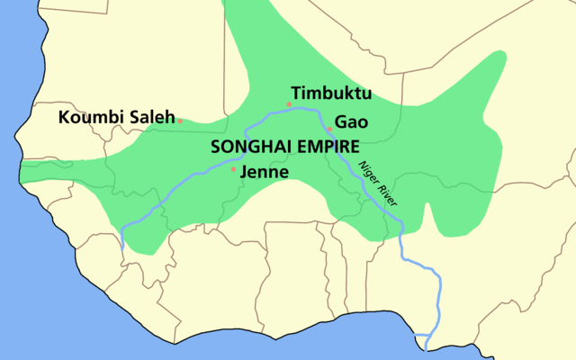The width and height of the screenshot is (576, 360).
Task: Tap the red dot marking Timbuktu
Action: pos(289,104)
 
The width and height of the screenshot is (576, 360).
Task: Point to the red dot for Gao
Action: pos(330,129)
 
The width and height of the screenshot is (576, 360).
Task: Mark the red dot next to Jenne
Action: pos(234,169)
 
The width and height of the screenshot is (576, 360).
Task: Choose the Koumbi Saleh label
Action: pos(116,117)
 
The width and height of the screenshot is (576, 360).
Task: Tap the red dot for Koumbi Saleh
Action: pos(180,121)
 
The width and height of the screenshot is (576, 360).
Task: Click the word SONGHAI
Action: pos(248,146)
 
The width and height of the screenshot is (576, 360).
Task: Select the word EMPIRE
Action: pos(325,146)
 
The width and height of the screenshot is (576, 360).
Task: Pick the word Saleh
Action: pos(150,117)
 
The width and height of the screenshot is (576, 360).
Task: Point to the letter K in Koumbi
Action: pos(64,117)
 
